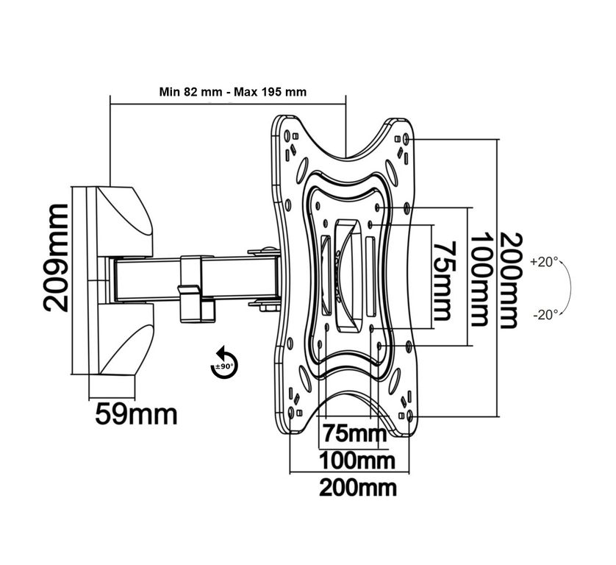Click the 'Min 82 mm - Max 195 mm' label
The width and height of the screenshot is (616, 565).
tap(233, 92)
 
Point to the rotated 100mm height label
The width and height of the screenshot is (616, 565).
tap(478, 280)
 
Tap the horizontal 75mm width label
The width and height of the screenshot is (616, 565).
tap(350, 432)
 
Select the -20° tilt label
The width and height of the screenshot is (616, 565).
tap(544, 314)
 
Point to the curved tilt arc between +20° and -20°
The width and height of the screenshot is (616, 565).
tap(573, 288)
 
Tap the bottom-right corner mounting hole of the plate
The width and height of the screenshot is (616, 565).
tap(409, 416)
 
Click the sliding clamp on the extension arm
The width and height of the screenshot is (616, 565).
tap(193, 288)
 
